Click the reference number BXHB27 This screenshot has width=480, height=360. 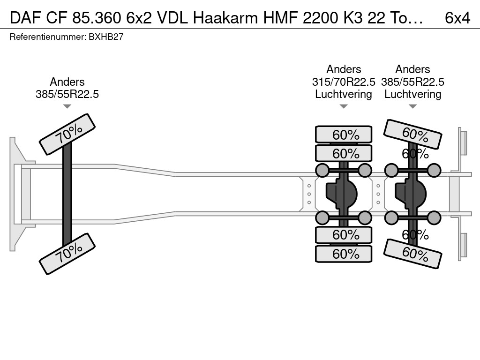pos(106,37)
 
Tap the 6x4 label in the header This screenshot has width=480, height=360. pos(457,18)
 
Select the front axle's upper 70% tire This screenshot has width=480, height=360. pos(67,135)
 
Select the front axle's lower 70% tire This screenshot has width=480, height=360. pos(67,254)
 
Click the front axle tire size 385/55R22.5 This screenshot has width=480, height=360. pos(67,94)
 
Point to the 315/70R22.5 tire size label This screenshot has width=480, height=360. pos(344,82)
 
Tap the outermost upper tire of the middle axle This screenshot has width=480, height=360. pos(344,135)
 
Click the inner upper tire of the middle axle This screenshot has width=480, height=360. pos(344,153)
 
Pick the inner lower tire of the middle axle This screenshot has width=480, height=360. pos(344,235)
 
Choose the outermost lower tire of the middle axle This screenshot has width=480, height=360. pos(344,254)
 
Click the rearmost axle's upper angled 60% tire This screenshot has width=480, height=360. pos(412,134)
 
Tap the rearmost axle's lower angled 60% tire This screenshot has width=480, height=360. pos(412,254)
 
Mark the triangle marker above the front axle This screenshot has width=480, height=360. pos(67,106)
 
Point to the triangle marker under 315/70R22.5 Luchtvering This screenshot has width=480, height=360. pos(344,106)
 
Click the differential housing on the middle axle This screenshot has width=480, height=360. pos(341,194)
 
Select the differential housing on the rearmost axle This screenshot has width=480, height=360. pos(411,194)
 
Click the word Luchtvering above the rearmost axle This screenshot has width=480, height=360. pos(412,94)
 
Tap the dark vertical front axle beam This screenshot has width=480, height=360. pos(67,194)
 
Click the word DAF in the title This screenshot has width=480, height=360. pos(26,18)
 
